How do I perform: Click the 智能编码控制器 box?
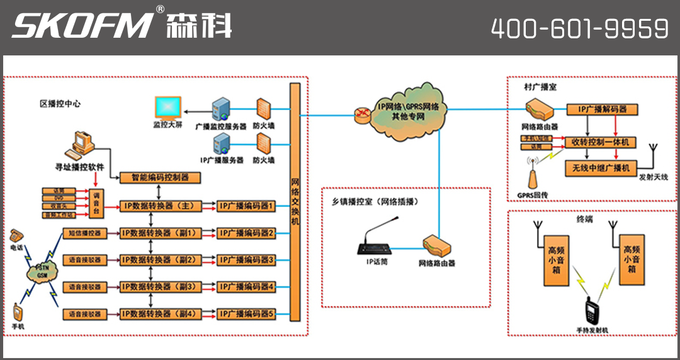coord(160,178)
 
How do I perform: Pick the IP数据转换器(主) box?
coord(160,206)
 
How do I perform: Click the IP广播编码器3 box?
coord(246,259)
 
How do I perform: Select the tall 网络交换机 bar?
coord(295,201)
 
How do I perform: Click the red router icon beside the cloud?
coord(363,113)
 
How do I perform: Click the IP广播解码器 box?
coord(603,110)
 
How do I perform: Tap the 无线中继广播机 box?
coord(601,168)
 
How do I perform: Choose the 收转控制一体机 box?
coord(601,142)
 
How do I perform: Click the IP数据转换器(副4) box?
coord(160,313)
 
